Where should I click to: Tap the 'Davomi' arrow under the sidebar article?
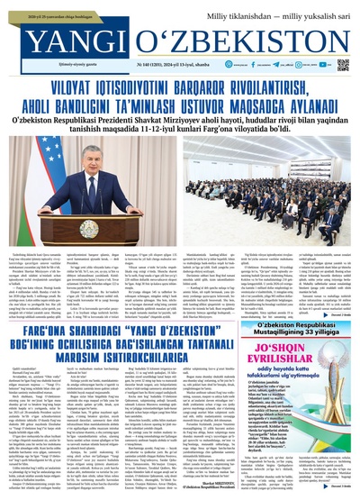pyautogui.click(x=337, y=485)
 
